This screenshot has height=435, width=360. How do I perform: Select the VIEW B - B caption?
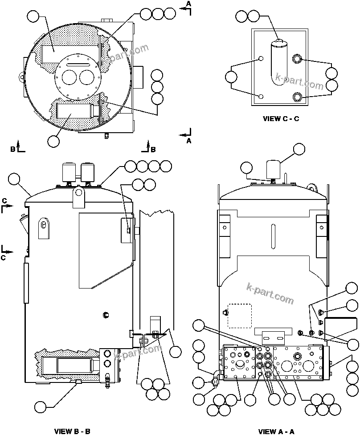[x=72, y=431]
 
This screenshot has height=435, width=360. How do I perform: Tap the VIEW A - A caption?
[x=276, y=431]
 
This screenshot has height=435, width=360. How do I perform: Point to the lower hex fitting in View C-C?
[x=297, y=96]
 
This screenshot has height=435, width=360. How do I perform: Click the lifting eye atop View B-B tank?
[x=79, y=192]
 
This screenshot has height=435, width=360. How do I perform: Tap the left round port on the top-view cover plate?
[x=70, y=78]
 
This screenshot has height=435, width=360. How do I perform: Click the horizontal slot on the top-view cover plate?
[x=78, y=65]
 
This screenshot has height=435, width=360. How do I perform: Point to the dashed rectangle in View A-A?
[x=239, y=315]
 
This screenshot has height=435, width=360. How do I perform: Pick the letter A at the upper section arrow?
[x=188, y=4]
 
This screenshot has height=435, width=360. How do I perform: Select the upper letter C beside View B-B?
[x=4, y=200]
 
